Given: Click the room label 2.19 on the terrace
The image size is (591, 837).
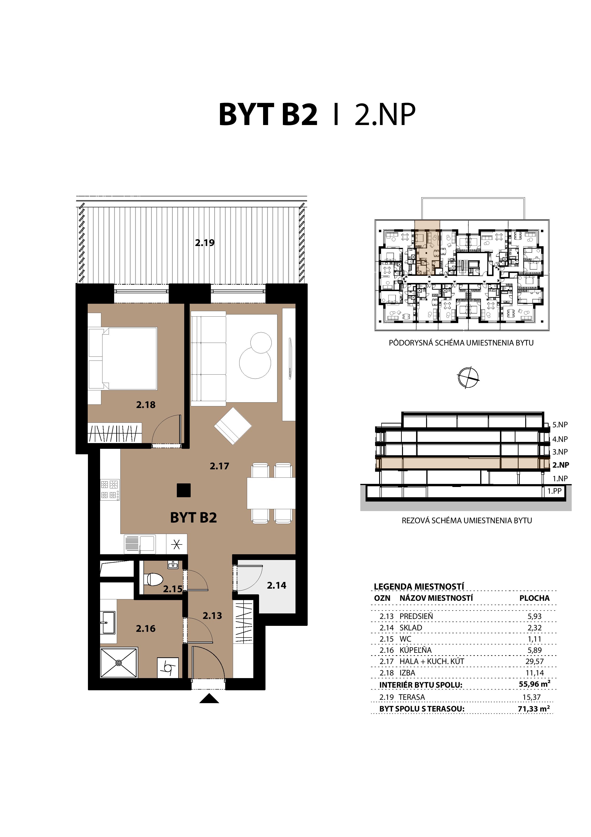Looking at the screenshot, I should coord(205,243).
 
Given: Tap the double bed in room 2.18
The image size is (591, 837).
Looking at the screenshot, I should coord(129,358).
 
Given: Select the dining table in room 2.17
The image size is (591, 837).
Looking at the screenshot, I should coord(271,493).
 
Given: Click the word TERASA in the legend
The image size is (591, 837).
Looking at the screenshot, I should coord(412,697).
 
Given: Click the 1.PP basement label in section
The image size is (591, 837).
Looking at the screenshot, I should coord(554,491).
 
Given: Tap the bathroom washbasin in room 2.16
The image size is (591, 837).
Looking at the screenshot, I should coord(108,622).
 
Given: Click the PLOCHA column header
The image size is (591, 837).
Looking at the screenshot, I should coord(534,598).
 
